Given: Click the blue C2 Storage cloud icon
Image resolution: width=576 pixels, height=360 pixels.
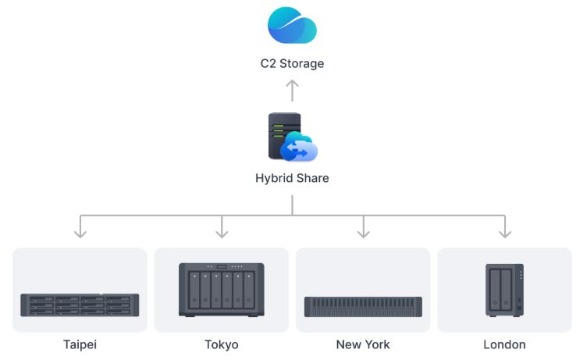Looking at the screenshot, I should pyautogui.click(x=292, y=25).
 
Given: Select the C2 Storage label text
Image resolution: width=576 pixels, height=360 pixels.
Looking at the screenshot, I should pyautogui.click(x=292, y=63).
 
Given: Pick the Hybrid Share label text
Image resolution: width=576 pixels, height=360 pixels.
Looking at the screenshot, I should pyautogui.click(x=292, y=178).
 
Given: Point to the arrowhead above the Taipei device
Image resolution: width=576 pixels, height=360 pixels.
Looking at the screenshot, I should pyautogui.click(x=80, y=231).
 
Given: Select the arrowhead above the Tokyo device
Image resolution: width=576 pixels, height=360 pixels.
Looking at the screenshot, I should pyautogui.click(x=222, y=231).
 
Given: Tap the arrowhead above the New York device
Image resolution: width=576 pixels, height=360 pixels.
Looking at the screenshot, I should pyautogui.click(x=363, y=231).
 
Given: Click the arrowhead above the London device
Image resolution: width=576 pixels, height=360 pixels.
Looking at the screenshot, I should pyautogui.click(x=505, y=231).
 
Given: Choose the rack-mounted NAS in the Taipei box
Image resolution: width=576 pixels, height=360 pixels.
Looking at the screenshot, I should pyautogui.click(x=80, y=305).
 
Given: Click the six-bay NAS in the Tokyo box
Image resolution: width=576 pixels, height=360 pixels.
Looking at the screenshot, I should pyautogui.click(x=222, y=290).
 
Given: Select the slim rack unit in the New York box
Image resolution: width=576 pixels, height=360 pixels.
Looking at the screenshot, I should pyautogui.click(x=363, y=306).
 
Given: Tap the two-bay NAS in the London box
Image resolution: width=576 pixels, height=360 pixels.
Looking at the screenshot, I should pyautogui.click(x=504, y=290).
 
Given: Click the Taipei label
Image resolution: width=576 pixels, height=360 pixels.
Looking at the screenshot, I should pyautogui.click(x=80, y=344).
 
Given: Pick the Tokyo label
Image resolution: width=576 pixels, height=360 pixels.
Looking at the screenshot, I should pyautogui.click(x=222, y=344).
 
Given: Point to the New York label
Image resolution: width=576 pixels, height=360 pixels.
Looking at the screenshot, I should pyautogui.click(x=363, y=344).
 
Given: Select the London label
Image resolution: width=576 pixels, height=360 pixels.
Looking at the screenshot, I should pyautogui.click(x=505, y=344).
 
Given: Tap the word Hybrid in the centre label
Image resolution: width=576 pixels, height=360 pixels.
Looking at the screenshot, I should pyautogui.click(x=272, y=178).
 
